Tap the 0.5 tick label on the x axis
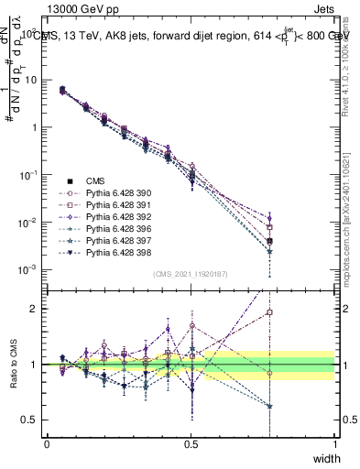(x=191, y=444)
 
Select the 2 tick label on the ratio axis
(x=32, y=309)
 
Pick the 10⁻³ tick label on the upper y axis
(x=27, y=270)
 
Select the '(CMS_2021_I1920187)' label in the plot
(x=190, y=274)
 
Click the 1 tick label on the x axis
(x=334, y=444)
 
